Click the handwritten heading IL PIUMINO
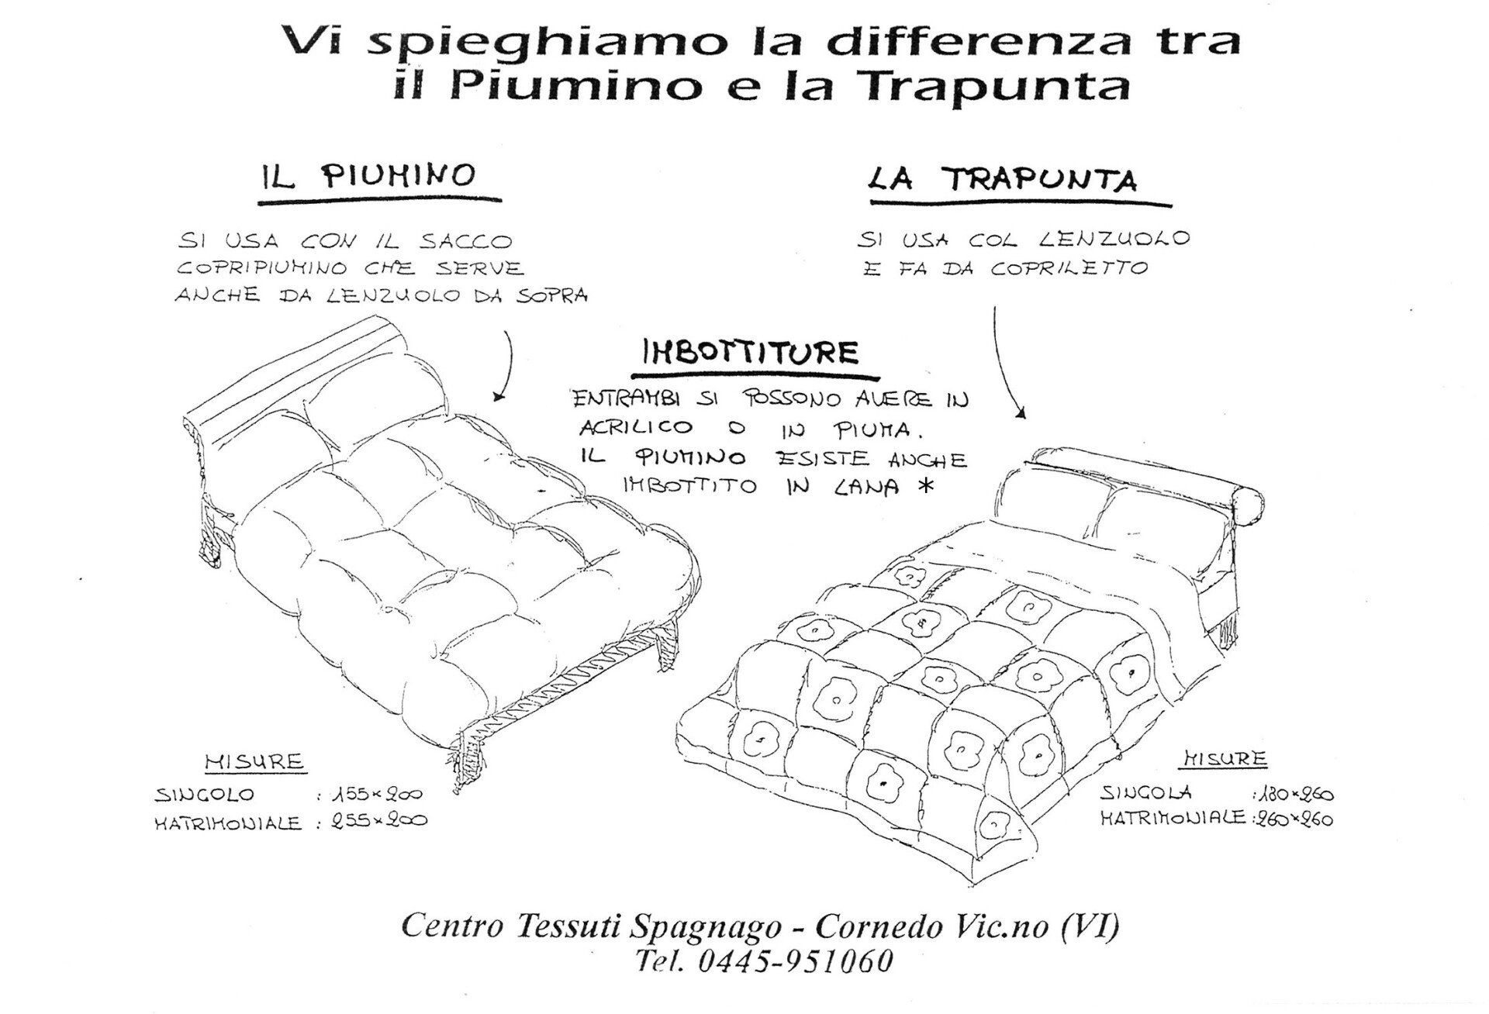pos(367,176)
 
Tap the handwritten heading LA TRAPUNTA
pos(1003,179)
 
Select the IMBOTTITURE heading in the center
pos(751,353)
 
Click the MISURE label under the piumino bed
pos(255,761)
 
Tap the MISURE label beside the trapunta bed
pos(1225,758)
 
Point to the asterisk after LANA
pos(922,486)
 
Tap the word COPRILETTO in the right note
pos(1069,268)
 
